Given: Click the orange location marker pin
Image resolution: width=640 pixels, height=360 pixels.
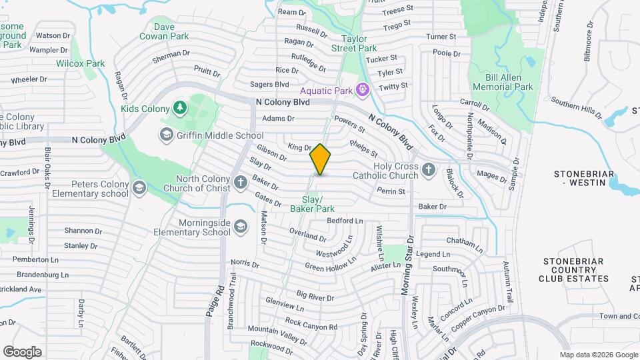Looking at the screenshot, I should tap(320, 159).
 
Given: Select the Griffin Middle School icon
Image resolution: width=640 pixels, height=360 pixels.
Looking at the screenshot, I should tap(165, 135).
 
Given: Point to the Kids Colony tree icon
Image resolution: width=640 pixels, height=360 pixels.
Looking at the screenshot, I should tap(179, 107).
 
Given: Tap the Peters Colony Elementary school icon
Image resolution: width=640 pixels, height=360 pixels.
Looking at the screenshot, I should tap(139, 188).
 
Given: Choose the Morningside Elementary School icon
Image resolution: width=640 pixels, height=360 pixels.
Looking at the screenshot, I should tap(239, 228).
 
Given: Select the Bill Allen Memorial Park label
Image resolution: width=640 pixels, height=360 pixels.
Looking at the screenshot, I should tap(503, 82).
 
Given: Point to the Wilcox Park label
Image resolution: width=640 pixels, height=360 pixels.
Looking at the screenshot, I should tap(81, 63).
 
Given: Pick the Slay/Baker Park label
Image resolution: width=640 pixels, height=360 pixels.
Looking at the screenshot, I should tap(312, 204).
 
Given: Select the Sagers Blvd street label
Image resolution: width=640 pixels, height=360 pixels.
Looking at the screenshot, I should tap(269, 85).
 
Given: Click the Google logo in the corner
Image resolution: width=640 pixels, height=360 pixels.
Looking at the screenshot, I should tap(22, 351).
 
